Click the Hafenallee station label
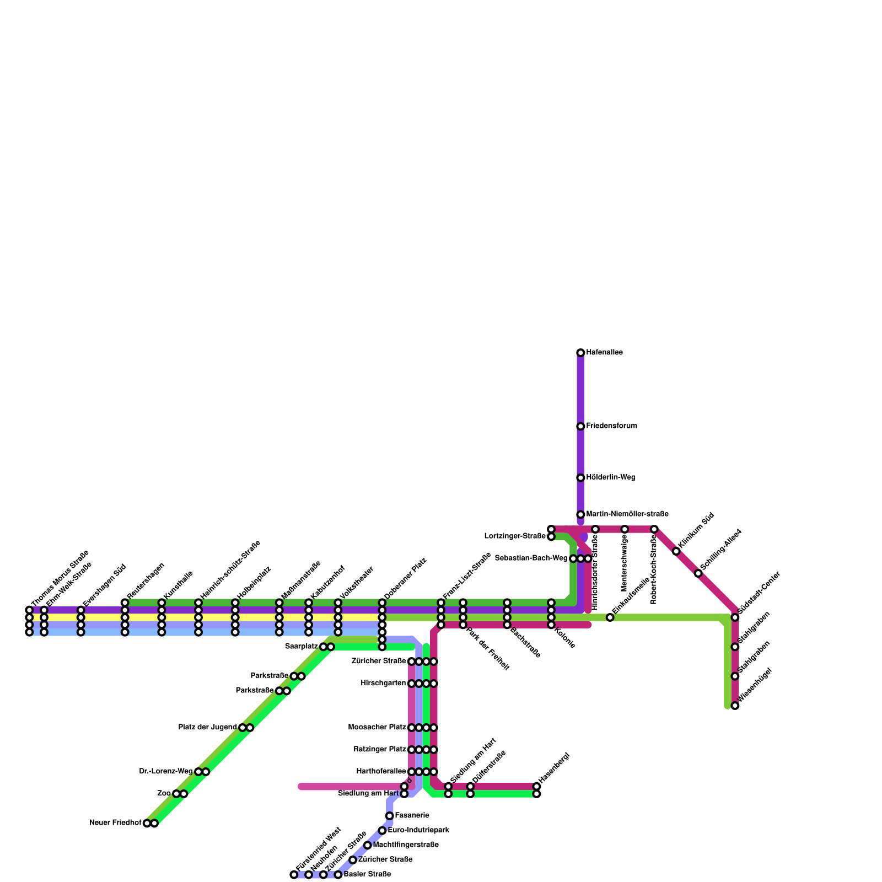coord(604,352)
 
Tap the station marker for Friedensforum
coord(580,426)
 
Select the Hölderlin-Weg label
coord(611,477)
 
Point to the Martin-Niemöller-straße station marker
coord(580,514)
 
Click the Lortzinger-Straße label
coord(515,536)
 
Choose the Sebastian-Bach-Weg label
coord(531,558)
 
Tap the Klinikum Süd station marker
coord(676,551)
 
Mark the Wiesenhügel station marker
coord(735,706)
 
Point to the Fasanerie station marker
coord(390,816)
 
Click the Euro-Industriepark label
coord(418,830)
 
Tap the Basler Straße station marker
coord(338,875)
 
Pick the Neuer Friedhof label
coord(115,823)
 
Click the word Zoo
coord(164,794)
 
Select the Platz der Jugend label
coord(207,728)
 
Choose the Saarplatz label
coord(301,647)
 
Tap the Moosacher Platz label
coord(377,728)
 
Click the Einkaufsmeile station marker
coord(610,617)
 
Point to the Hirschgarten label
coord(383,684)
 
